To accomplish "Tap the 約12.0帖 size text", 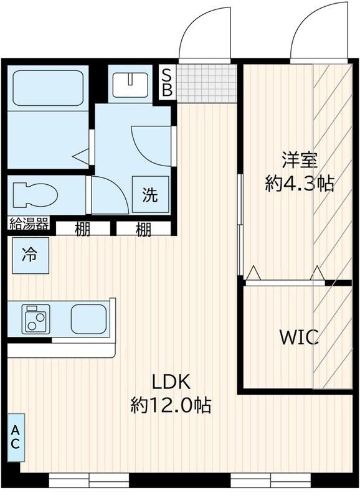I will tap(170, 406).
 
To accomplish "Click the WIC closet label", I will tap(299, 338).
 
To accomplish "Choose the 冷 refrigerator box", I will tap(29, 255).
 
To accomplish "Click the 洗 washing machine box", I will tap(150, 194).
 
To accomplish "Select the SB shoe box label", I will tap(167, 82).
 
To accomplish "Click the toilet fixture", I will tap(34, 194).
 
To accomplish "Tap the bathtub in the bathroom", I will tap(49, 87).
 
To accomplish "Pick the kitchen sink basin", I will tap(88, 319).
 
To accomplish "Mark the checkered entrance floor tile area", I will tap(207, 82).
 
